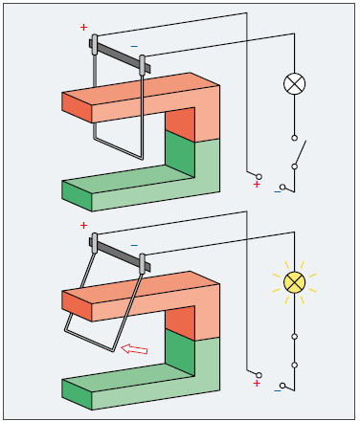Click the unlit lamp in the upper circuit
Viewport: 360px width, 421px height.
pos(294,84)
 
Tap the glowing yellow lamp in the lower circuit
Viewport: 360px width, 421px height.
pos(294,282)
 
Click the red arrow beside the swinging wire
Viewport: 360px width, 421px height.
pos(134,349)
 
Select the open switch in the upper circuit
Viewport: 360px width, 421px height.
pos(298,152)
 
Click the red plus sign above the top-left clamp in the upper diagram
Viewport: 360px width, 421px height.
pos(83,28)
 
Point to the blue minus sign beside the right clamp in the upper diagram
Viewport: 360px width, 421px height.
pos(134,47)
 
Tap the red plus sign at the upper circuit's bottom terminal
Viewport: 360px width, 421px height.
pos(257,185)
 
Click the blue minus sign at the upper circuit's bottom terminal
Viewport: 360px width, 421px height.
pos(277,191)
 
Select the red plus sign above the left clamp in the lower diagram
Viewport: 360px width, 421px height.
pos(83,226)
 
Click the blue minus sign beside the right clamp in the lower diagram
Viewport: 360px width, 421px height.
pos(134,245)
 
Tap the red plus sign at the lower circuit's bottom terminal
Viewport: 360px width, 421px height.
pos(257,384)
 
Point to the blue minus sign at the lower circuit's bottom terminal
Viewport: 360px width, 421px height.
pos(277,390)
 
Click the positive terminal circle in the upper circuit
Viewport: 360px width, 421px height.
pos(259,177)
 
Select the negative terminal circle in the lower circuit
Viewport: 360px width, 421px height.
pos(282,386)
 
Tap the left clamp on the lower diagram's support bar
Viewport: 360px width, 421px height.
pos(95,243)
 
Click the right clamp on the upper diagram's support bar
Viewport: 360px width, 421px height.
pos(143,65)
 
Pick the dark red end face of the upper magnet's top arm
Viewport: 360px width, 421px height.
pos(77,108)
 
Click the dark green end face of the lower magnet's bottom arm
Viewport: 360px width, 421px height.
pos(77,394)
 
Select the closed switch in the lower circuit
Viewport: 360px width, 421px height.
pos(294,351)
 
